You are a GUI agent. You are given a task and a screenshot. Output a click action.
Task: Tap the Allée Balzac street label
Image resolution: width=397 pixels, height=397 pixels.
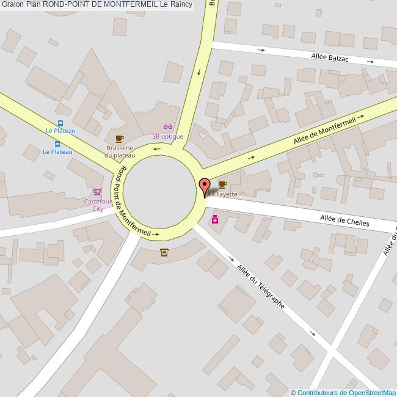pyautogui.click(x=330, y=58)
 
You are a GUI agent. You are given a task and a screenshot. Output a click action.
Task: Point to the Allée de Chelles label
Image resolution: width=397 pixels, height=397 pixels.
pyautogui.click(x=344, y=221)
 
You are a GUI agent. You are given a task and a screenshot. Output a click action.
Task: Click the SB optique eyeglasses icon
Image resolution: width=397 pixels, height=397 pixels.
pyautogui.click(x=167, y=126)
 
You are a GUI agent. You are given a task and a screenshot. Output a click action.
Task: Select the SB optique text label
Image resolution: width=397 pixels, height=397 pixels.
pyautogui.click(x=167, y=136)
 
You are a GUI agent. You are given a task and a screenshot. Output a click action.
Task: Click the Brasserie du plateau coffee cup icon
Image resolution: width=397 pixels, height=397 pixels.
pyautogui.click(x=119, y=139)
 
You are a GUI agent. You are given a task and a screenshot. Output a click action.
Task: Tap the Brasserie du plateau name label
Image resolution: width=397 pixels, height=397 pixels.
pyautogui.click(x=120, y=151)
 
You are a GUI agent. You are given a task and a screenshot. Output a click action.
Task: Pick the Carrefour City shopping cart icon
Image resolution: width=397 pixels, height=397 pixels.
pyautogui.click(x=97, y=192)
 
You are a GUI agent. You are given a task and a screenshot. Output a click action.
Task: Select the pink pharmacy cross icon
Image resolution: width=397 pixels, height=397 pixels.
pyautogui.click(x=215, y=219)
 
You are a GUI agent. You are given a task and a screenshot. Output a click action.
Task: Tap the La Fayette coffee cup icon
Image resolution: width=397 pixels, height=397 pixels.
pyautogui.click(x=222, y=184)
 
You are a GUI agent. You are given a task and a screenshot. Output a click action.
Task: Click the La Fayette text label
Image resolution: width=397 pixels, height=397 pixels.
pyautogui.click(x=224, y=195)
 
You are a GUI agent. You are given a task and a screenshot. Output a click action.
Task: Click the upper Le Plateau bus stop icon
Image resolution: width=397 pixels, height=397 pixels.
pyautogui.click(x=59, y=123)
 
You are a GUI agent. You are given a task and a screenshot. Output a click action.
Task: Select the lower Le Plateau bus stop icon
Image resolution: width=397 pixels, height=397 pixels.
pyautogui.click(x=57, y=144)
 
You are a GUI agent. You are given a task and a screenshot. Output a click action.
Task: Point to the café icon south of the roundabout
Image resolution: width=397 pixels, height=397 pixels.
pyautogui.click(x=164, y=252)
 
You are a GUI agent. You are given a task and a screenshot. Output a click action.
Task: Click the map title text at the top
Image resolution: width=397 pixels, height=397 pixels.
pyautogui.click(x=97, y=4)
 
